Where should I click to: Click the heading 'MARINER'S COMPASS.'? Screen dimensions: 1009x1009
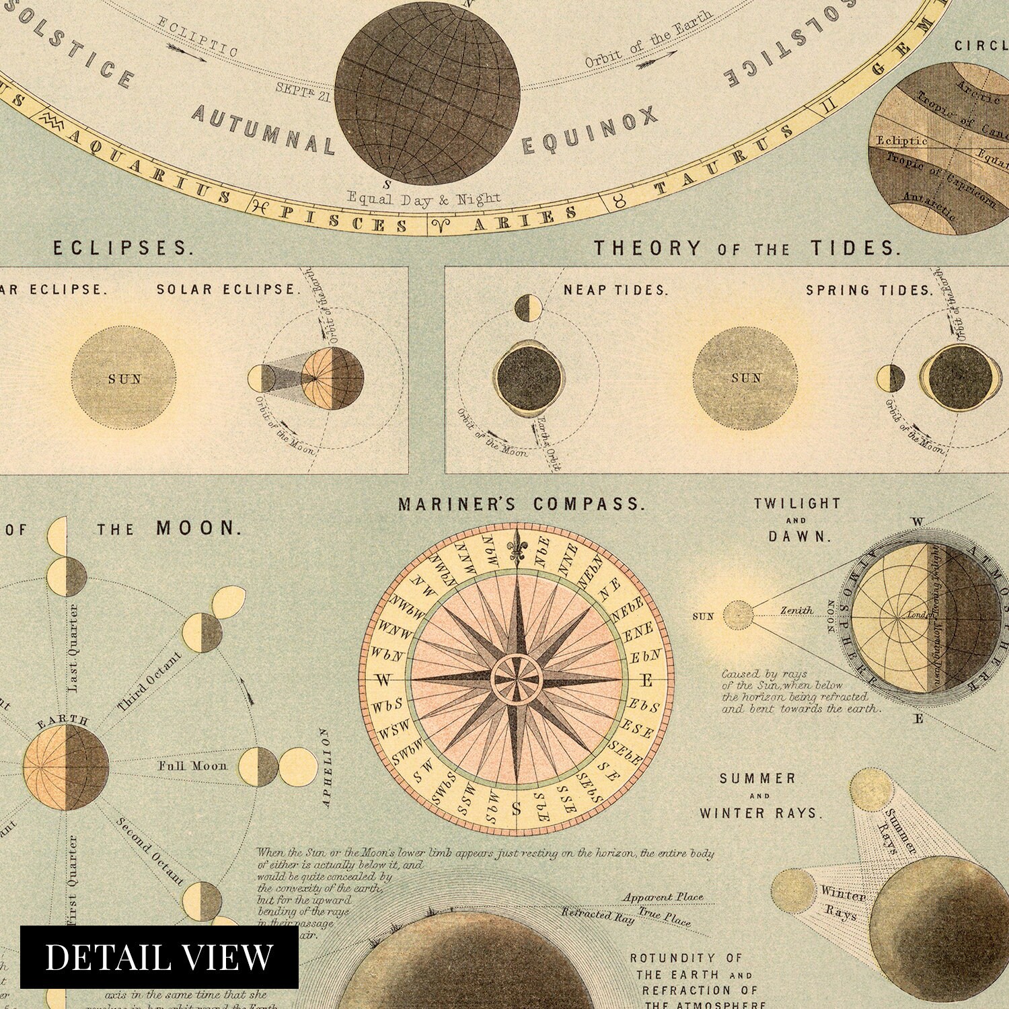point(521,504)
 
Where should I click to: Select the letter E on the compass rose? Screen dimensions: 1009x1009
point(646,681)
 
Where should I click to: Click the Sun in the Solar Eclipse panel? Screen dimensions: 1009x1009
point(124,378)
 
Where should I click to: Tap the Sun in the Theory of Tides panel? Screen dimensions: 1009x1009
point(746,378)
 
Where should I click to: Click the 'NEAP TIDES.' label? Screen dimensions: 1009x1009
point(615,291)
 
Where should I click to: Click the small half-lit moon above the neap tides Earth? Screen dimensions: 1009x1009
point(529,307)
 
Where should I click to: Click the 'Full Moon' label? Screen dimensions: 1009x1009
point(192,765)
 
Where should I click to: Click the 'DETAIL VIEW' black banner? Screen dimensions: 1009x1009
point(159,957)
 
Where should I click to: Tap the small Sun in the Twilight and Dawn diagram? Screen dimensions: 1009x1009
point(738,614)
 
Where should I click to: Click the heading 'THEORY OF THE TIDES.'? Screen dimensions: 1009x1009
point(746,248)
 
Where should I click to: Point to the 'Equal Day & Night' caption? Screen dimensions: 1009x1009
point(423,198)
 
